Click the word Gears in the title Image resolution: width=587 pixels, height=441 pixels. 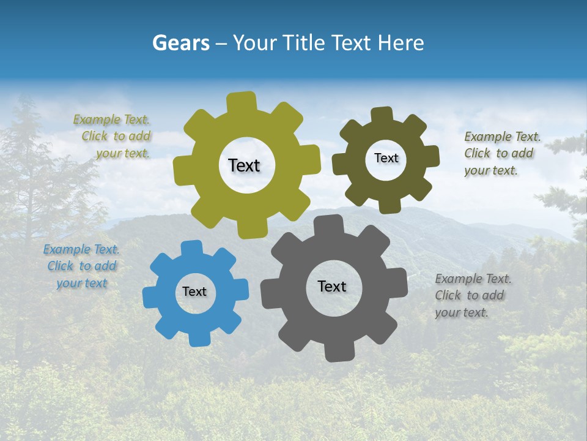[x=180, y=43]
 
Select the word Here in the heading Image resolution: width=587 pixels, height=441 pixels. [x=401, y=43]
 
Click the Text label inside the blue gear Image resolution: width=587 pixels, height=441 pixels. [x=194, y=292]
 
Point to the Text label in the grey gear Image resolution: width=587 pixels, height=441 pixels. [x=332, y=287]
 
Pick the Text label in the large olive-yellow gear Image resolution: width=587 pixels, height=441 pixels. [x=244, y=165]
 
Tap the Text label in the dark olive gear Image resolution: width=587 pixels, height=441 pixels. [x=386, y=158]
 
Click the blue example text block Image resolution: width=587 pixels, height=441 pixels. [x=81, y=266]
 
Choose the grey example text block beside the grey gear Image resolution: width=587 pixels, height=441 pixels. [x=473, y=296]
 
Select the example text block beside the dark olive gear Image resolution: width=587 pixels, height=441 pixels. [x=502, y=154]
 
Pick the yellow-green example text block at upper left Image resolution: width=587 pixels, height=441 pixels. [x=113, y=137]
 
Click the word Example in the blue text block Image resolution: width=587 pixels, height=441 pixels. [x=65, y=250]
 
